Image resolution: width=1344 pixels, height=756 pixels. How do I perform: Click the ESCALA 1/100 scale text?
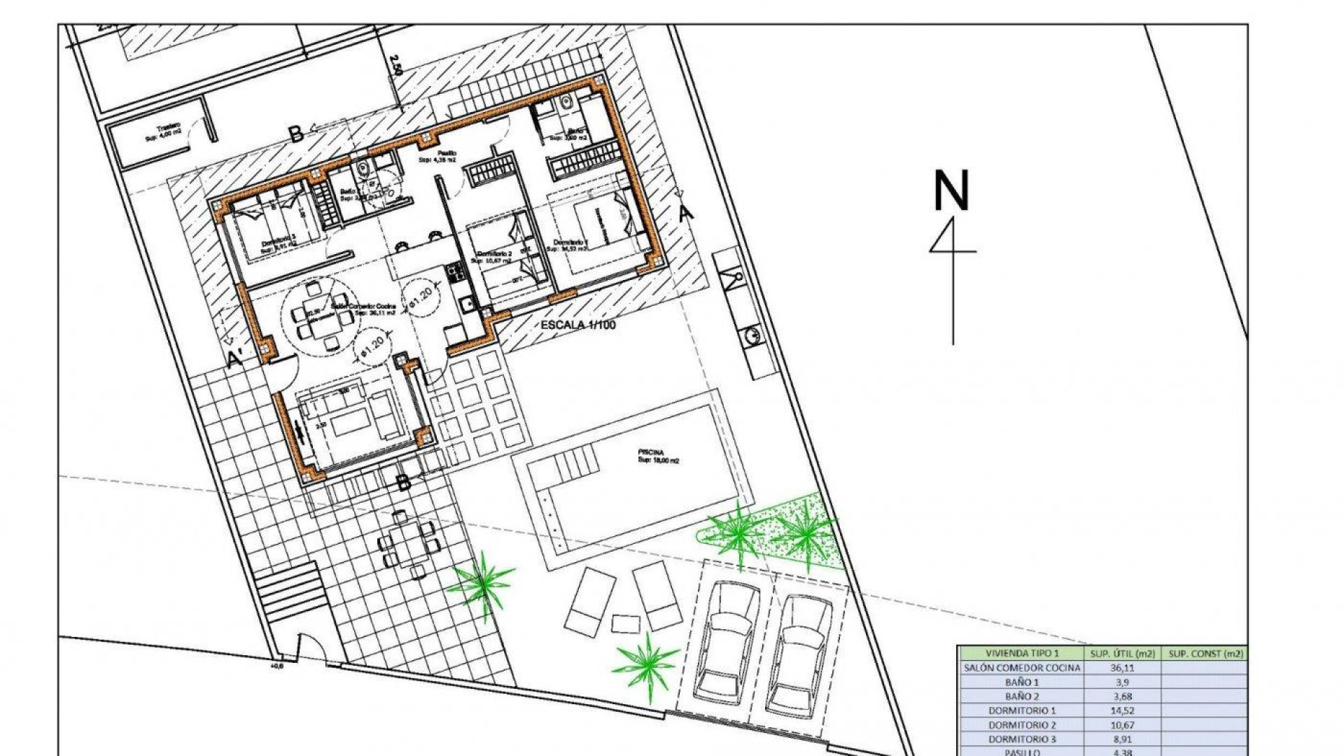(577, 325)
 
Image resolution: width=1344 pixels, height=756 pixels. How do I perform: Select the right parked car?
(799, 651)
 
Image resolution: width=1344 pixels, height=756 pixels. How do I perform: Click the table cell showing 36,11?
(1122, 668)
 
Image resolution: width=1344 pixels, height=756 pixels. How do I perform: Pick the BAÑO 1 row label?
(1022, 682)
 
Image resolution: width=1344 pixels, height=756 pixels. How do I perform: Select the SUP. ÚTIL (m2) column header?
(1122, 653)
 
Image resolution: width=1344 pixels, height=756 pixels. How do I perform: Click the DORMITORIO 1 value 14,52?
(1122, 710)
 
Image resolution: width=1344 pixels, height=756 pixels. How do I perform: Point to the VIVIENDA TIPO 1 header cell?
(1022, 653)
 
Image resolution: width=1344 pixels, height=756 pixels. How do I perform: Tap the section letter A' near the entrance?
(236, 358)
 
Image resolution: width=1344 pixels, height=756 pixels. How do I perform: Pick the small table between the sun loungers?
(625, 623)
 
